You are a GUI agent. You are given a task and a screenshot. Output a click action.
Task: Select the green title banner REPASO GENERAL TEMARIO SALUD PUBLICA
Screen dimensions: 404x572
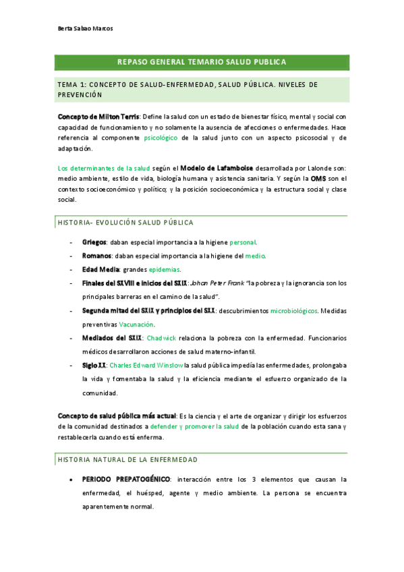coord(202,62)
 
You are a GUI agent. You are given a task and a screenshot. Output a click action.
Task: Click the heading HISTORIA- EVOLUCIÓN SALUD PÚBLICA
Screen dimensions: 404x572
coord(126,222)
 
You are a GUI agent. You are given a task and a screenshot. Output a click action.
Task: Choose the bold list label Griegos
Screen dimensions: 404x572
coord(94,241)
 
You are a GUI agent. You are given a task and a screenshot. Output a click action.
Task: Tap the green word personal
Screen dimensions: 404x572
coord(243,241)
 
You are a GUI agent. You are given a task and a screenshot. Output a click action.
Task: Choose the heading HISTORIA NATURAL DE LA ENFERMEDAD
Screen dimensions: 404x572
coord(128,459)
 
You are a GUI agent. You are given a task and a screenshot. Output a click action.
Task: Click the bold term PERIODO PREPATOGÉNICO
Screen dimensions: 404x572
coord(126,480)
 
